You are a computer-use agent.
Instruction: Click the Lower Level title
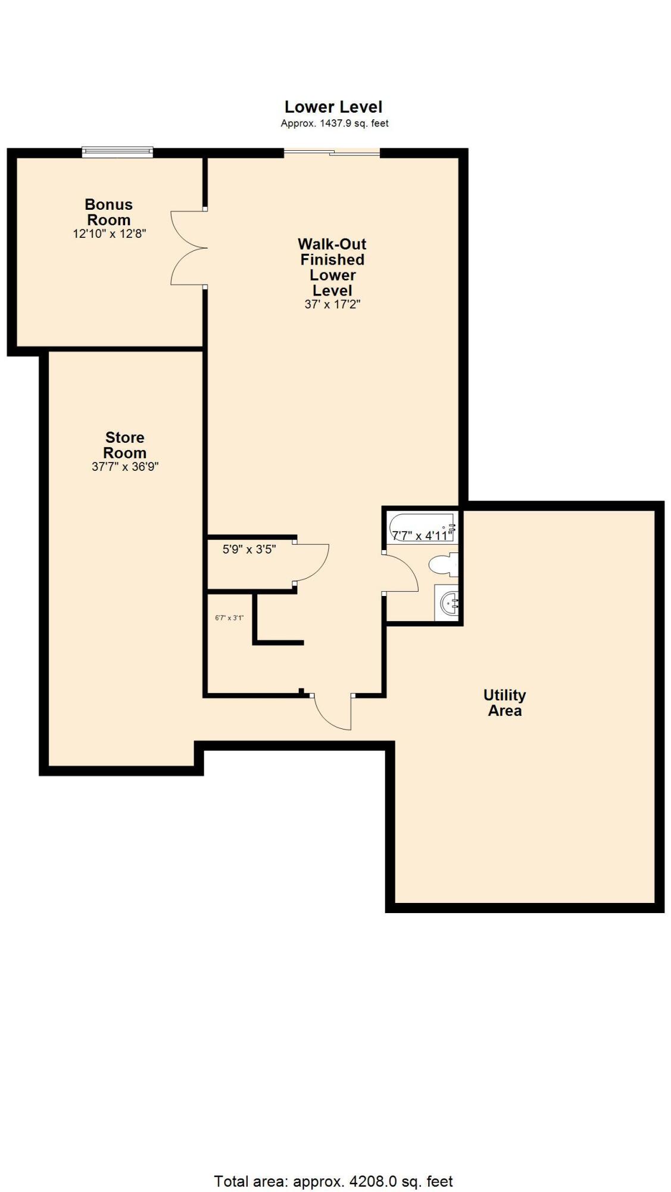coord(333,107)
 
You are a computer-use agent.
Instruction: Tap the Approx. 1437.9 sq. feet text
coord(335,123)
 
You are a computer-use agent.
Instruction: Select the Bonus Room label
coord(109,212)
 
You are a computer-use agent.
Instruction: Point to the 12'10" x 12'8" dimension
coord(110,234)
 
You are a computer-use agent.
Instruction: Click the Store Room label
coord(125,445)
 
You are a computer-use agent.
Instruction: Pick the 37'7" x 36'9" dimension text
coord(125,467)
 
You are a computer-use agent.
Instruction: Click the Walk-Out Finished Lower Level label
coord(332,267)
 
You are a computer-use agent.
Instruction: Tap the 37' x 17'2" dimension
coord(332,305)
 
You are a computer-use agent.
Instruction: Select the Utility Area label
coord(504,703)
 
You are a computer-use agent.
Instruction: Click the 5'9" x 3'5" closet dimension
coord(249,550)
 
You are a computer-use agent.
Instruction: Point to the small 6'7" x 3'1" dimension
coord(229,618)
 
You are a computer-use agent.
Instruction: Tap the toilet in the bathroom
coord(444,564)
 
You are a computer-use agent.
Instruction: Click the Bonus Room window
coord(117,152)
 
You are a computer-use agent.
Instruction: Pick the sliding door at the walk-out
coord(332,153)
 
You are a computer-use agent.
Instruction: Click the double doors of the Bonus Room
coord(188,247)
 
